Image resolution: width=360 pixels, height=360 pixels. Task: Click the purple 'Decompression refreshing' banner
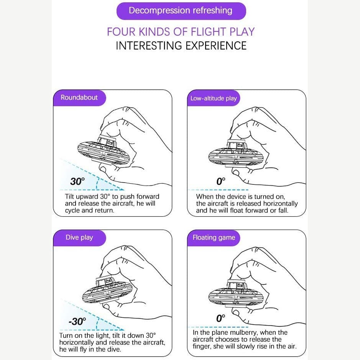[181, 11]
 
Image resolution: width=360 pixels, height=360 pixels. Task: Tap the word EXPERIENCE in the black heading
[216, 46]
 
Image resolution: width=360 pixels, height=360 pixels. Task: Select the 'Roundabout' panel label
[79, 98]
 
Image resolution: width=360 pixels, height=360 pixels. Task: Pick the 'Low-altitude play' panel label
[214, 98]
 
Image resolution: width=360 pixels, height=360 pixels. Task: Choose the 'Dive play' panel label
[79, 237]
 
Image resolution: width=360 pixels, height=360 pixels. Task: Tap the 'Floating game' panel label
[214, 237]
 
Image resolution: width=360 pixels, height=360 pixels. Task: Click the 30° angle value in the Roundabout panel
[77, 181]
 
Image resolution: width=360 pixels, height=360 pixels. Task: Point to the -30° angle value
[77, 321]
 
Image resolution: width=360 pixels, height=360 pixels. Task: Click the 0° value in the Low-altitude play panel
[220, 181]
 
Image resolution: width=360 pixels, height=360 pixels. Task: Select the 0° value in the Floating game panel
[220, 318]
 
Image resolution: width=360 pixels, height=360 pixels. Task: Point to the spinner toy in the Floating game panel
[236, 293]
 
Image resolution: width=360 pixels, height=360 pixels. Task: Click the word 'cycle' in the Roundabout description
[72, 210]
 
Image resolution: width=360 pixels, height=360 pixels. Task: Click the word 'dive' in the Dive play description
[113, 349]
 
